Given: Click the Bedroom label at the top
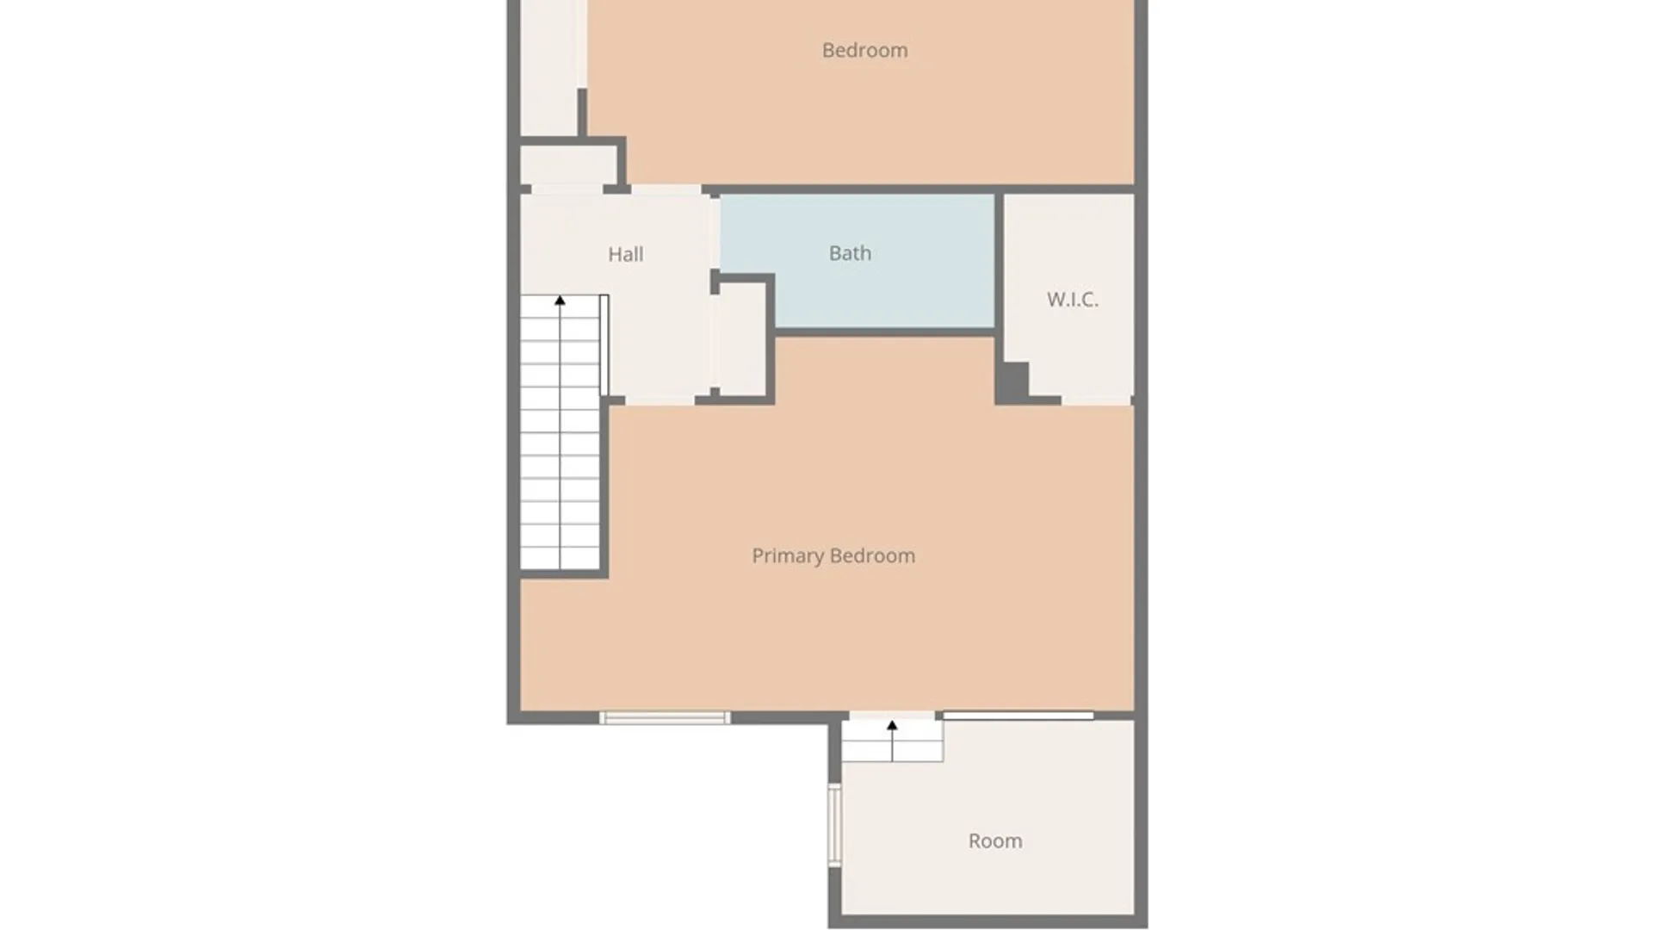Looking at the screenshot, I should click(x=864, y=50).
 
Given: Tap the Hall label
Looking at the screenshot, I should click(x=625, y=254).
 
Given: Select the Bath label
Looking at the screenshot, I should click(x=850, y=253).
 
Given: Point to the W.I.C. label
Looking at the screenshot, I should click(x=1072, y=300).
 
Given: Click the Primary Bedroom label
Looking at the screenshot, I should click(x=833, y=555).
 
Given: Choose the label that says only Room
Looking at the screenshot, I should click(x=995, y=840).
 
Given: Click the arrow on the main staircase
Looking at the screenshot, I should click(x=560, y=301).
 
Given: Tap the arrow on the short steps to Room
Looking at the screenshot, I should click(x=892, y=726).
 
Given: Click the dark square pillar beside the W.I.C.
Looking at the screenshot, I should click(x=1012, y=381).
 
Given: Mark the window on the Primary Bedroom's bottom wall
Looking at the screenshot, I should click(x=665, y=717).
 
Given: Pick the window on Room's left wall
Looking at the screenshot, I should click(x=833, y=824).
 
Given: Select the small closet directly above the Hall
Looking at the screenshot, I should click(x=568, y=164).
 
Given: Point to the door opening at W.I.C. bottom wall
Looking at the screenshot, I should click(x=1095, y=400).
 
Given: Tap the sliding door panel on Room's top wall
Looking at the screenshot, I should click(x=1018, y=716).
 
